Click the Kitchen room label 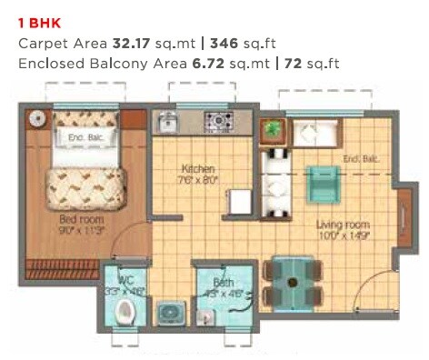(197, 169)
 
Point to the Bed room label (81, 219)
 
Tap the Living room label (342, 225)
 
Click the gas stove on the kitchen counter (219, 121)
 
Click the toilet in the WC (128, 312)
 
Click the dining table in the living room (292, 283)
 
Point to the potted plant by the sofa (272, 130)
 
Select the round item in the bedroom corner (37, 118)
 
